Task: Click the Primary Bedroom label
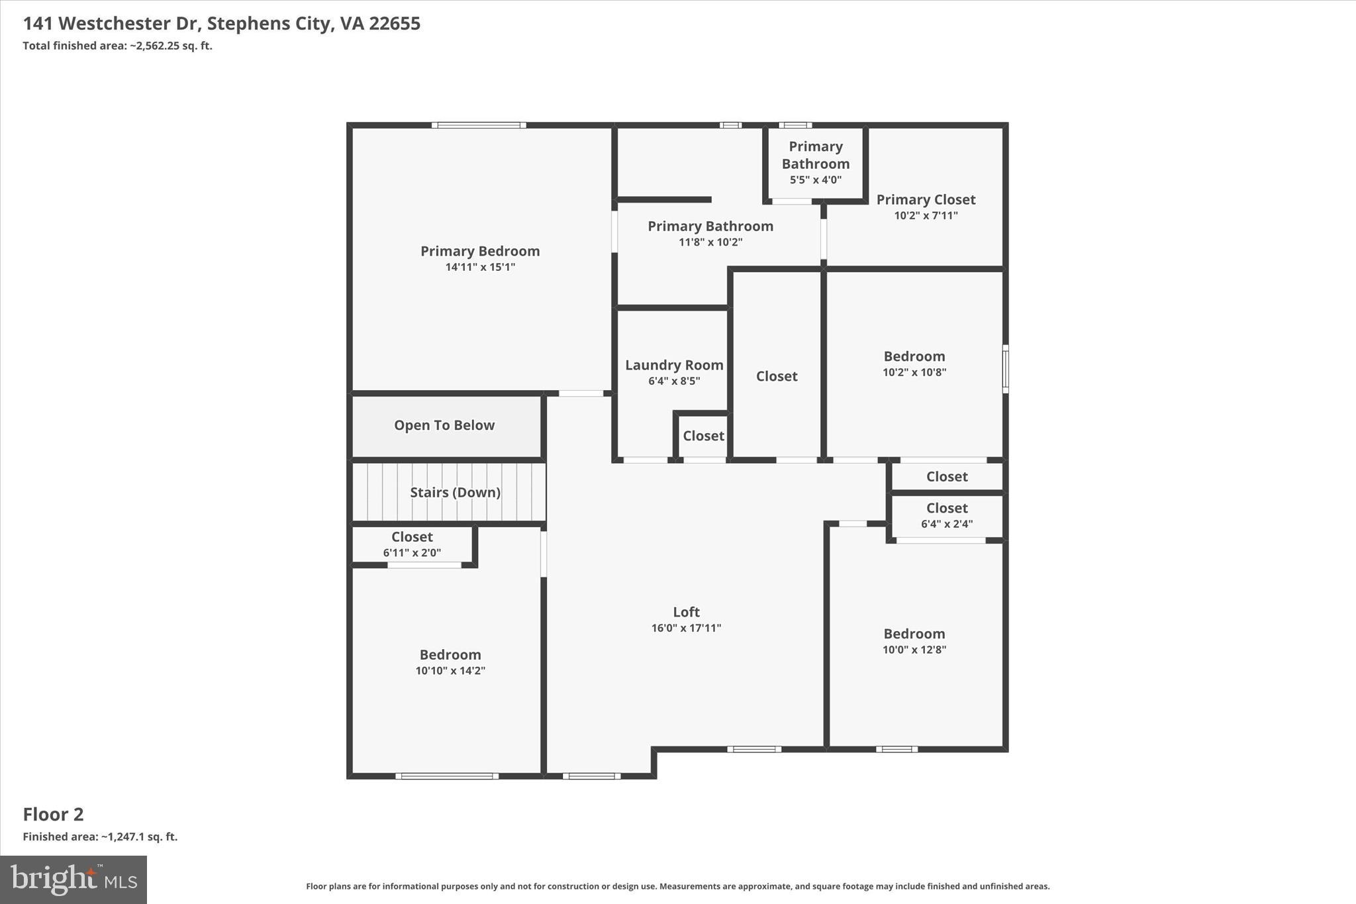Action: (480, 251)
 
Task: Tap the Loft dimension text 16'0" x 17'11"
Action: (686, 628)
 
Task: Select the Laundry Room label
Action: (674, 365)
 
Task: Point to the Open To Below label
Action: (444, 425)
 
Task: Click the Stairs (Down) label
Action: (455, 492)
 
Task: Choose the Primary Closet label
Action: (926, 199)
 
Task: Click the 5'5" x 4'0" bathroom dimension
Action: (816, 179)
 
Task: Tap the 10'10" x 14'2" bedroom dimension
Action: (450, 670)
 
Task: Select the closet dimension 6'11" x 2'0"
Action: (412, 552)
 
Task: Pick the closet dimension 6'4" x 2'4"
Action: (947, 524)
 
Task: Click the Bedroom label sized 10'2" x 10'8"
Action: (914, 356)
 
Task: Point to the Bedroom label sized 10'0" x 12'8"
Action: (914, 634)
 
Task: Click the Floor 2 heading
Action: (54, 814)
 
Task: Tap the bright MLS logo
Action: (73, 879)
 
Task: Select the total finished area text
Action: (117, 46)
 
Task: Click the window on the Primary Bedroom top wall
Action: (479, 125)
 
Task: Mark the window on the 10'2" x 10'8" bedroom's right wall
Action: (1005, 369)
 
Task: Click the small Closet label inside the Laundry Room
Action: (703, 436)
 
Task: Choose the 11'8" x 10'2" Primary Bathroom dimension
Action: (710, 242)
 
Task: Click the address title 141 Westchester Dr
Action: (221, 23)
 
